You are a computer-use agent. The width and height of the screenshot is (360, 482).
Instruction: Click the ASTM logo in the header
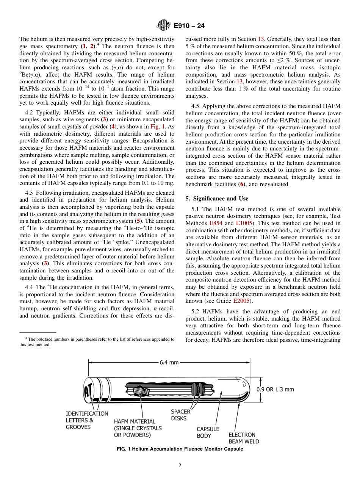(164, 26)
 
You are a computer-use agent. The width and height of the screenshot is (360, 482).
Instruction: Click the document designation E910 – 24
(189, 26)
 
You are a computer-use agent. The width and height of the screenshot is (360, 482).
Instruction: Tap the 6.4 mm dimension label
(169, 362)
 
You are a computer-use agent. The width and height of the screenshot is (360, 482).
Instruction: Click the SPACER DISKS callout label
(180, 415)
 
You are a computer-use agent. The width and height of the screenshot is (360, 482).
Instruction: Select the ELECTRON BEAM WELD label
(244, 438)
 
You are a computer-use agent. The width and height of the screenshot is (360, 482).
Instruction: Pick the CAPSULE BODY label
(208, 432)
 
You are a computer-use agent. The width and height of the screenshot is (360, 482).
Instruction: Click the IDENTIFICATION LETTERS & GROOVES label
(87, 420)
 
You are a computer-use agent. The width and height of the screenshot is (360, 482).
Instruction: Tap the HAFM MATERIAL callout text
(138, 428)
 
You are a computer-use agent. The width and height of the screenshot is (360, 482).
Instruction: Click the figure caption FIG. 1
(180, 449)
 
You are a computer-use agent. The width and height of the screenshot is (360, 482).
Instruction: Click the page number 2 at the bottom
(180, 466)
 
